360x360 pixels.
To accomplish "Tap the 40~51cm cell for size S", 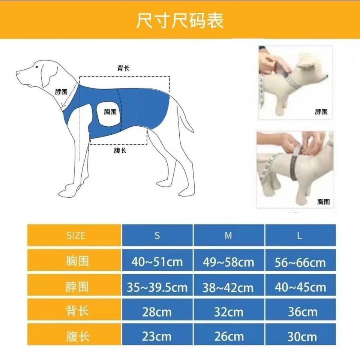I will coord(157,262).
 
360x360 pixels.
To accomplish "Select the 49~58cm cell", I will coord(228,262).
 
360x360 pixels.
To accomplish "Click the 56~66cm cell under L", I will coord(300,262).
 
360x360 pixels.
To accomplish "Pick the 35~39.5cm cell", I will coord(157,287).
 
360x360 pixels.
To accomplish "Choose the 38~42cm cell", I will coord(228,287).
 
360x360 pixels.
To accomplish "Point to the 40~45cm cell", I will coord(300,287).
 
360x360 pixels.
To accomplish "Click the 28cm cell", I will coord(157,312).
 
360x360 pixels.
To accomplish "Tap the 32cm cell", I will coord(228,312).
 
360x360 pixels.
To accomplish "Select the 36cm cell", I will coord(300,312).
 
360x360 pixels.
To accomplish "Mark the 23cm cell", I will coord(157,336).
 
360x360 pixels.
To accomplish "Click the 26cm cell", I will coord(228,336).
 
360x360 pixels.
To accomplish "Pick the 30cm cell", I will coord(300,336).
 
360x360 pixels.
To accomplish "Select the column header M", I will coord(228,235).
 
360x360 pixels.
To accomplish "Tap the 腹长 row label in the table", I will coord(77,336).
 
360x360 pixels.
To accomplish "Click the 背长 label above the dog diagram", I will coord(123,68).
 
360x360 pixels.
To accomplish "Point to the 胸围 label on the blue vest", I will coord(110,112).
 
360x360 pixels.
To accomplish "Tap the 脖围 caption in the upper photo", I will coord(321,112).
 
